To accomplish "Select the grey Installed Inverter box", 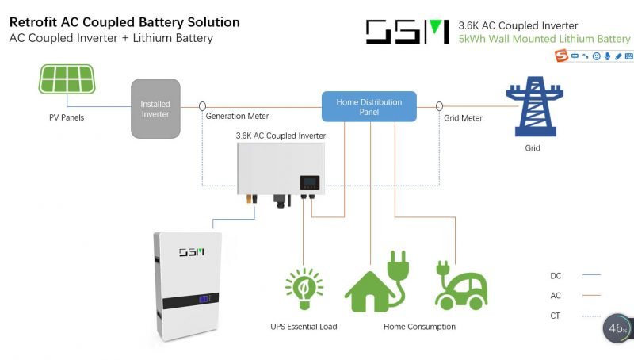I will (155, 109).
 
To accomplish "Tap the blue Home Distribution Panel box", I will (369, 106).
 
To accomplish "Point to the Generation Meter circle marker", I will (202, 105).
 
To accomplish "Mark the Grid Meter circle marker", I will (437, 105).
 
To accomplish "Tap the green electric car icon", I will (460, 284).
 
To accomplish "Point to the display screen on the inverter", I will (307, 184).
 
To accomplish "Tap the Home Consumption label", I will (419, 327).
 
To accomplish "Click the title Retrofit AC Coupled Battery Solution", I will (124, 22).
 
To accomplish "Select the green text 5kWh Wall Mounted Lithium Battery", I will (544, 39).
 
